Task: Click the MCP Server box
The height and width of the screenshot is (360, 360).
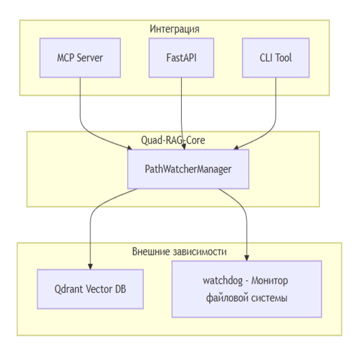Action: [80, 58]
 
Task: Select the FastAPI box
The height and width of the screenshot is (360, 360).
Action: [181, 58]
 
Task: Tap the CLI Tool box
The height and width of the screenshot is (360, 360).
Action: [276, 58]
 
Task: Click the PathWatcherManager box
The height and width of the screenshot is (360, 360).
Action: [188, 169]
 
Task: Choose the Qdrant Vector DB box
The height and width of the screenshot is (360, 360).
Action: [90, 289]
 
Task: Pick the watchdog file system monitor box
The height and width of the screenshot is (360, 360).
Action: [247, 289]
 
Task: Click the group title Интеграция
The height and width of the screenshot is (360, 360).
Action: [174, 29]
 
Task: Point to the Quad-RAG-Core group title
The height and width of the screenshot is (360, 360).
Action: [173, 140]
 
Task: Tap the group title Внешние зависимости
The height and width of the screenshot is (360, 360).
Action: [179, 252]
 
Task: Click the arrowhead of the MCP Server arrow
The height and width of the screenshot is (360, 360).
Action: [130, 148]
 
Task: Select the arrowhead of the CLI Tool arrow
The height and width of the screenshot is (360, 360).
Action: [236, 148]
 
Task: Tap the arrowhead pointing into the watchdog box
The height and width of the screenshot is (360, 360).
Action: [247, 258]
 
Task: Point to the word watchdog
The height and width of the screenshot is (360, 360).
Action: [222, 281]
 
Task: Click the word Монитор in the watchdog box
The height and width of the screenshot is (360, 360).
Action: [270, 281]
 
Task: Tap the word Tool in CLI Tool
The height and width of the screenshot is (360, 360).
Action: [284, 58]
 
